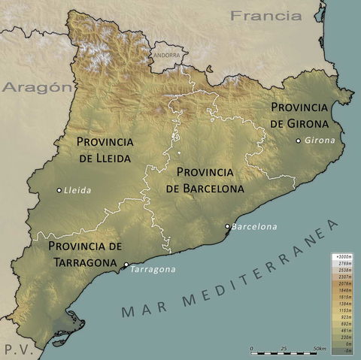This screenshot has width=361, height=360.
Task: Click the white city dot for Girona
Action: coord(299,141)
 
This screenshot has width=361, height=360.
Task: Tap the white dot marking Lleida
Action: coord(59,190)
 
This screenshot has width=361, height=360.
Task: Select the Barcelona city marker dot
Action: coord(228,226)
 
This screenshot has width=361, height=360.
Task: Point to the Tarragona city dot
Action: coord(126,265)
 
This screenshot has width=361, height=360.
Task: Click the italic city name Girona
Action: coord(319,141)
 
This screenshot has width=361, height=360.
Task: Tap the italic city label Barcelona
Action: coord(254,226)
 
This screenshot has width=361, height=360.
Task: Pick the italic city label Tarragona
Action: coord(153,270)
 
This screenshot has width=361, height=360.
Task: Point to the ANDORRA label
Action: coord(166,55)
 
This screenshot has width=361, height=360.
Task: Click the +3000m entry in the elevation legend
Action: coord(344,257)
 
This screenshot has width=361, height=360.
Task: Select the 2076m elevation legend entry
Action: coord(344,283)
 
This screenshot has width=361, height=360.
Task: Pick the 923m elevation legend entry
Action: coord(345,318)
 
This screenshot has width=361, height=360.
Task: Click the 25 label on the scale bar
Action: coord(284,349)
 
